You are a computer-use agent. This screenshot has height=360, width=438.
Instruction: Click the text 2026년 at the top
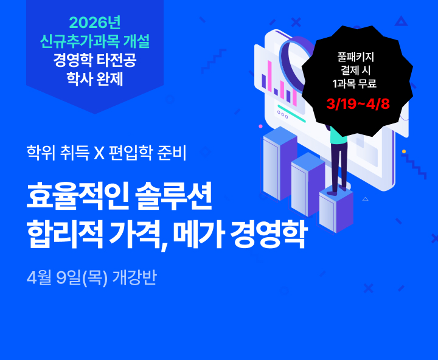(x=94, y=23)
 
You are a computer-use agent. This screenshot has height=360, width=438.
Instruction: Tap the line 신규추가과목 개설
(x=94, y=42)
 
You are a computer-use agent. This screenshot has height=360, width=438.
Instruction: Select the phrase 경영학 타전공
(x=94, y=61)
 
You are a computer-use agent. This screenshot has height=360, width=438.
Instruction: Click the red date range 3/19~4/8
(x=358, y=103)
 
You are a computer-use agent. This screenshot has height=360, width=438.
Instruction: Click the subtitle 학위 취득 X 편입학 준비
(x=106, y=151)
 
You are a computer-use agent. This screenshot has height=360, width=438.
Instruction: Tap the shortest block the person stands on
(x=335, y=209)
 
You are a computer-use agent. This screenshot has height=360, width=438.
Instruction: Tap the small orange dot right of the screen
(x=403, y=151)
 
